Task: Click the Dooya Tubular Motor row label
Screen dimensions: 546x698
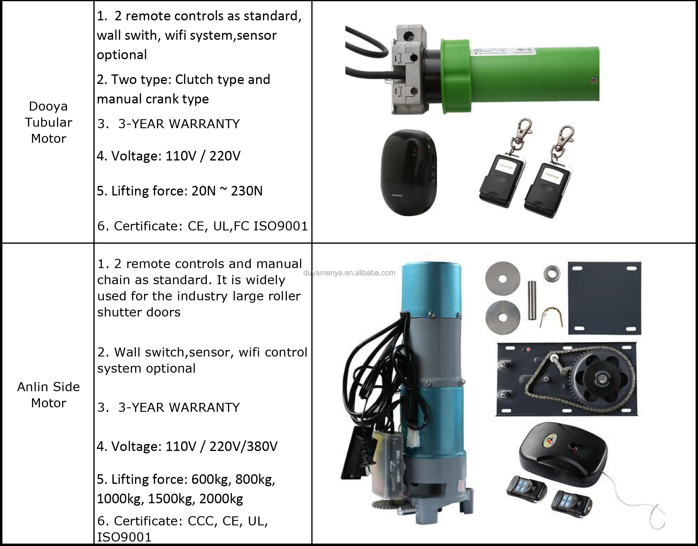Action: [x=48, y=123]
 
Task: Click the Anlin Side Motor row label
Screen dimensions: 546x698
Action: [x=48, y=395]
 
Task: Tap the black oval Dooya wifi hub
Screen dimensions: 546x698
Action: [x=408, y=173]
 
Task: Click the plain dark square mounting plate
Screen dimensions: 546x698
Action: [x=604, y=298]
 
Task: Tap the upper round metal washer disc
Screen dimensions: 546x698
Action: [x=502, y=279]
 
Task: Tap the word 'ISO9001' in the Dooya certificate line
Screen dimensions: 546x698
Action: [x=280, y=226]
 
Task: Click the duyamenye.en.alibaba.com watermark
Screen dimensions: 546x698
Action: [x=349, y=273]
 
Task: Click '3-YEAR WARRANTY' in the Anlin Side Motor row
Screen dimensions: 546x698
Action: [x=179, y=407]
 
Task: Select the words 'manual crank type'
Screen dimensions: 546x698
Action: [x=153, y=99]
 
